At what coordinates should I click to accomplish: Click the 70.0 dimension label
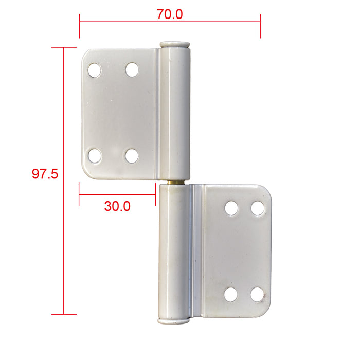click(170, 14)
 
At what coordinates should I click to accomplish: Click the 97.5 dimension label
click(45, 174)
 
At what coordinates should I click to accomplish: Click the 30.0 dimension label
click(117, 206)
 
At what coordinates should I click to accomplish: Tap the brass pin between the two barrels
click(176, 182)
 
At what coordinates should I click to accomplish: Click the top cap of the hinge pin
click(175, 45)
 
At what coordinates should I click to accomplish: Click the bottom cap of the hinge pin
click(174, 321)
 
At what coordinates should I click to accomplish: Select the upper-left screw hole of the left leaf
click(94, 70)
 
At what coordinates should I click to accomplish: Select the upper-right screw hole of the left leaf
click(132, 70)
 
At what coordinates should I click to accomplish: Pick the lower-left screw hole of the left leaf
click(94, 156)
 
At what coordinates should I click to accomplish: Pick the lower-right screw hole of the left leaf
click(132, 156)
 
